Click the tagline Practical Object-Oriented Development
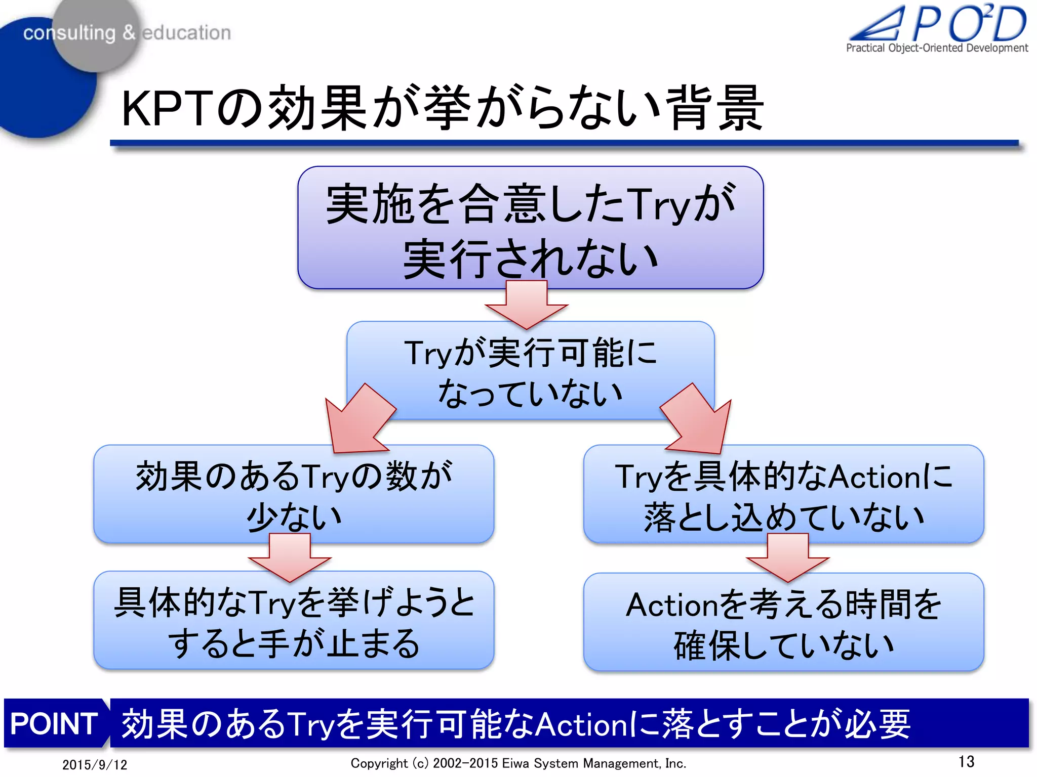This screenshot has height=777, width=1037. coord(937,48)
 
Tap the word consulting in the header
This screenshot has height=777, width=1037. coord(69,33)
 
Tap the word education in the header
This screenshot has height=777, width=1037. coord(186,33)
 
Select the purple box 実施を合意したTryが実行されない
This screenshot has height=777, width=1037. coord(530,228)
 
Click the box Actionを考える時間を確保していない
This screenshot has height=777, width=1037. coord(783,623)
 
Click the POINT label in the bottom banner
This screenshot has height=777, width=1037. coord(54,723)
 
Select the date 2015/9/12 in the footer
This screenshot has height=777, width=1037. coord(95,764)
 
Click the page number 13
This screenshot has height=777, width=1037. coord(966,761)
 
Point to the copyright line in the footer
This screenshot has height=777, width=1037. coord(518,763)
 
